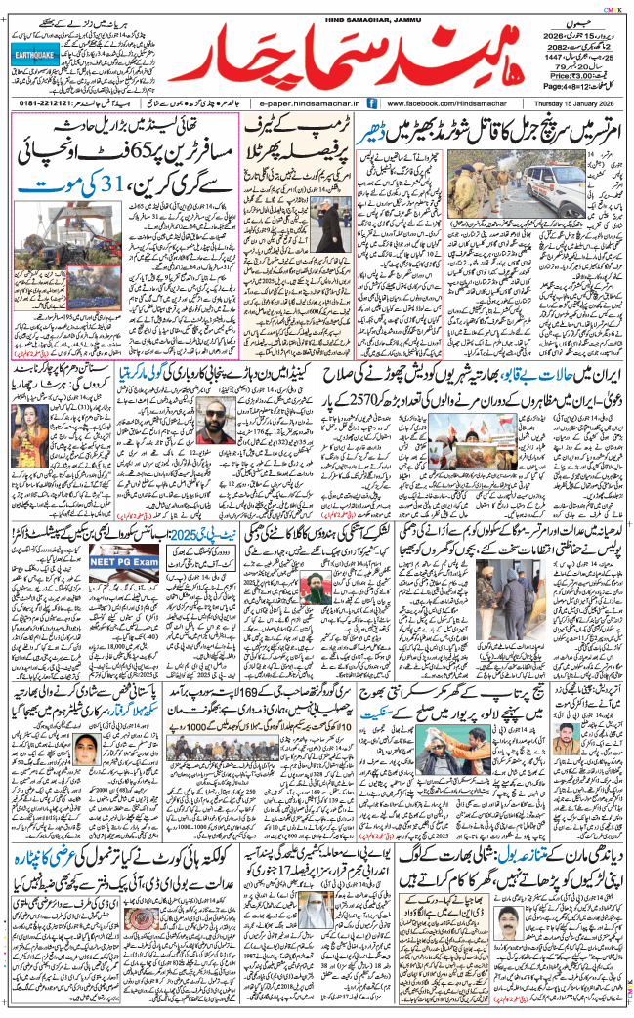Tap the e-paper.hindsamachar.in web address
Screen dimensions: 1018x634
[305, 102]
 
